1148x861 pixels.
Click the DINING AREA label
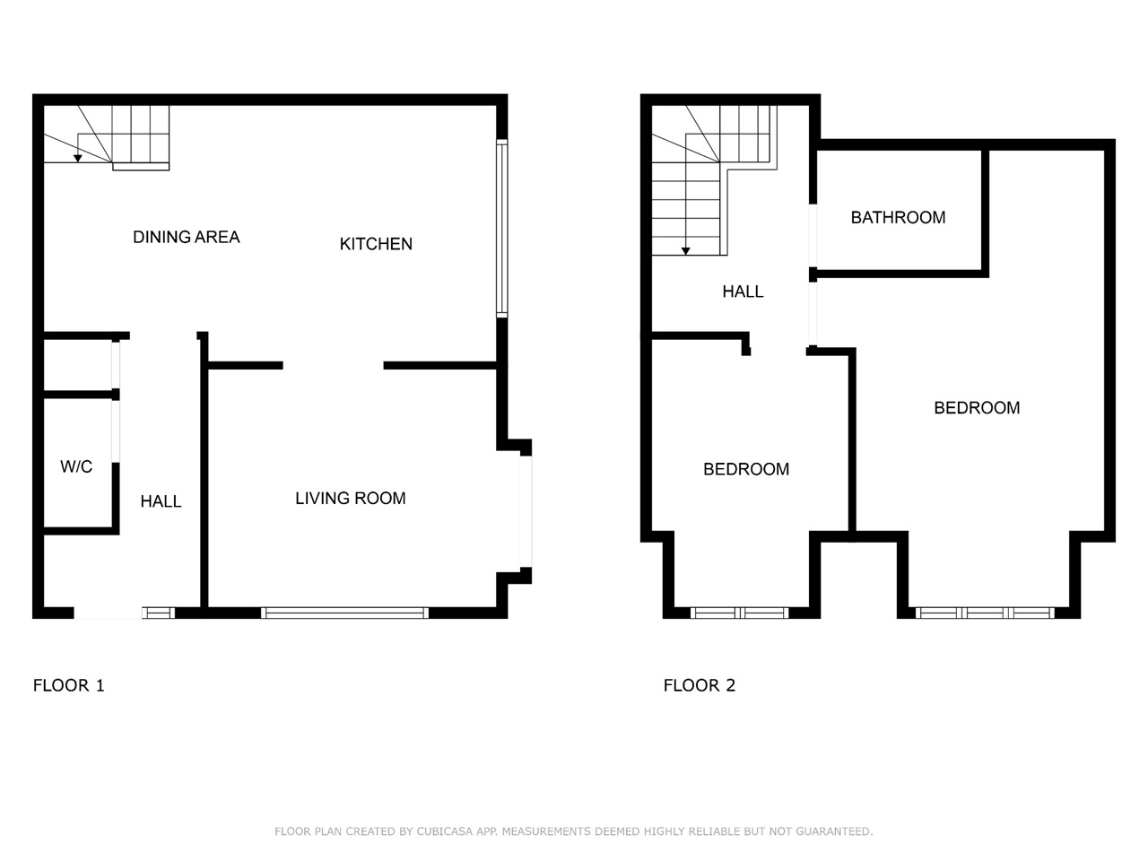click(x=187, y=238)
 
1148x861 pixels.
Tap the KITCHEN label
click(x=376, y=244)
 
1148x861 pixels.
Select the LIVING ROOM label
click(x=351, y=498)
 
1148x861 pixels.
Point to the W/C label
click(x=76, y=466)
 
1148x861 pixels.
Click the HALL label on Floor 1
click(x=161, y=502)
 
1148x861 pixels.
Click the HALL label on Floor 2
click(x=743, y=291)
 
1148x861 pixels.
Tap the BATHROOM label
click(x=898, y=217)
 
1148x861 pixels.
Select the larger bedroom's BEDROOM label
click(x=977, y=408)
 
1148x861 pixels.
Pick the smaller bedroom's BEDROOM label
click(x=746, y=469)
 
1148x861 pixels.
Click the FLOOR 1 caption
click(x=69, y=685)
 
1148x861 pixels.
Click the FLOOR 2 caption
click(x=700, y=685)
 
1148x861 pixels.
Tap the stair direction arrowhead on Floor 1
click(x=78, y=159)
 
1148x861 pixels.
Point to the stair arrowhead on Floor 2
click(x=686, y=251)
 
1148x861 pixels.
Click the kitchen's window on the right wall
click(x=501, y=229)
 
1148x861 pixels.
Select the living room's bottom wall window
click(x=344, y=613)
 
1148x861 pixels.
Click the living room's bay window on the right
click(x=526, y=511)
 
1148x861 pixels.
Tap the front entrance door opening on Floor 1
click(x=108, y=613)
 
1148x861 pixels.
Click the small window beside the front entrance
click(x=159, y=613)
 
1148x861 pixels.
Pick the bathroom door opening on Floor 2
click(x=813, y=235)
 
